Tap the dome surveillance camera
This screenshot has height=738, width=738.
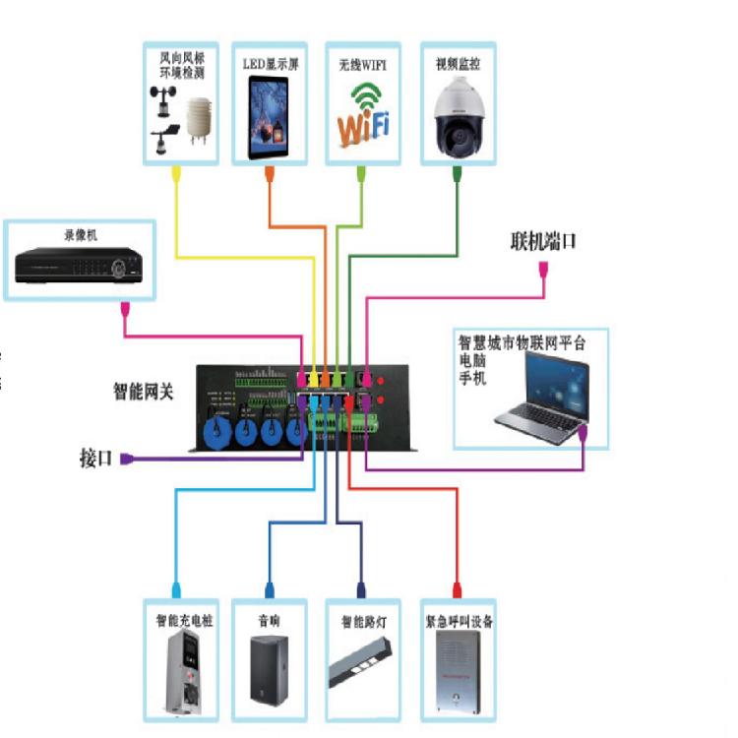(457, 117)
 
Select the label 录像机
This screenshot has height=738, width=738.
(81, 236)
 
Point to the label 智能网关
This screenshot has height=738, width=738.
(143, 392)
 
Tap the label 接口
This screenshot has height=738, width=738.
(95, 459)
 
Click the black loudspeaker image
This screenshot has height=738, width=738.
(269, 675)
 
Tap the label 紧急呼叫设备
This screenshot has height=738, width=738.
(458, 622)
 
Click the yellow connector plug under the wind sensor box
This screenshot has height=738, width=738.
(176, 174)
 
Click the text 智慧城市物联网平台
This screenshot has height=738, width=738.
(523, 343)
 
